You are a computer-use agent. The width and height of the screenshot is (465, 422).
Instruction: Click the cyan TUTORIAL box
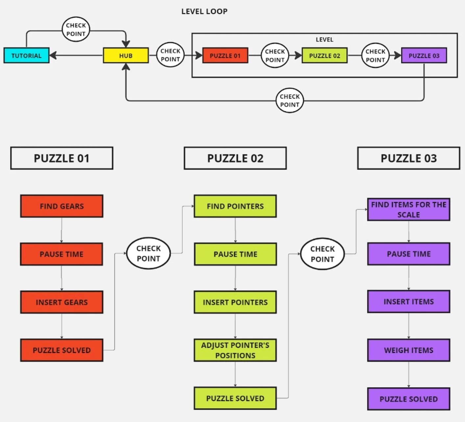point(26,56)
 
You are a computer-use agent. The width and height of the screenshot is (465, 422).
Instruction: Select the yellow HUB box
point(126,56)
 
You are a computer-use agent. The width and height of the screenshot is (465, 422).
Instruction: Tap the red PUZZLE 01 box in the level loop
point(225,56)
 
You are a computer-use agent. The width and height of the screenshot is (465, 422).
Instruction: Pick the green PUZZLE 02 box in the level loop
point(325,56)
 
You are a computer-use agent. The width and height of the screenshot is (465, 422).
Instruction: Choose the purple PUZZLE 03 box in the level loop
point(424,56)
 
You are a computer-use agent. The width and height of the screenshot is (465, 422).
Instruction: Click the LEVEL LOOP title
point(205,12)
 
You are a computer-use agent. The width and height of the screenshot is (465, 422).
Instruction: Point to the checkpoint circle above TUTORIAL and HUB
point(76,30)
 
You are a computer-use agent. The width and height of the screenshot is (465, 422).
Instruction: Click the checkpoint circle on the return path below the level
point(289,100)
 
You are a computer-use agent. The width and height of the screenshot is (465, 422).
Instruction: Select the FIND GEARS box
point(61,206)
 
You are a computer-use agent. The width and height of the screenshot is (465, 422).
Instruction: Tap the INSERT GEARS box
point(61,302)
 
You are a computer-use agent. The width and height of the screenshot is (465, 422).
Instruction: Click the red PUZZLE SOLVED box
point(61,350)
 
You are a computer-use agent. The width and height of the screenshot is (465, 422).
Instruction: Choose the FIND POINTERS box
point(235,206)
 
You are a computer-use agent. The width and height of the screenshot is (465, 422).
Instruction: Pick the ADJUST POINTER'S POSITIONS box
point(235,350)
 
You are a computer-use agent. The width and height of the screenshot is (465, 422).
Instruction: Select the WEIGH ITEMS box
point(409,350)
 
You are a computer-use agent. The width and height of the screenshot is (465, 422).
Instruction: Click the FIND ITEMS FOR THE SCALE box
point(409,209)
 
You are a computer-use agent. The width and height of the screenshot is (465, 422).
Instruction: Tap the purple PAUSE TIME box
point(409,254)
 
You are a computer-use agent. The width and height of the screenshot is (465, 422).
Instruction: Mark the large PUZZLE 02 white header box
point(235,158)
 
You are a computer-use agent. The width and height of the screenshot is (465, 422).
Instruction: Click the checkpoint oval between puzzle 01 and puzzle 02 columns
point(148,253)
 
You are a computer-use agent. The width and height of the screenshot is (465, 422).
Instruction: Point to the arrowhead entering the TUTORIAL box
point(53,56)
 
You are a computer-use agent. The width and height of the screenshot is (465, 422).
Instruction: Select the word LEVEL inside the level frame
point(325,40)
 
